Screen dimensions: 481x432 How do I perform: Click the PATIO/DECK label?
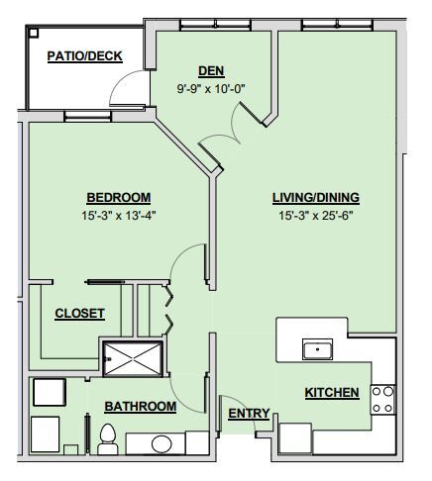[x=85, y=55]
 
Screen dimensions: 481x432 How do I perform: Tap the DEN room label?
[x=209, y=70]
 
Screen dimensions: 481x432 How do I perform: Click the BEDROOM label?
[x=118, y=196]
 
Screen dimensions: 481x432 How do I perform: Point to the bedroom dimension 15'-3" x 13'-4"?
[x=118, y=215]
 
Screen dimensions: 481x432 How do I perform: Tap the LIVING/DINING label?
[x=316, y=196]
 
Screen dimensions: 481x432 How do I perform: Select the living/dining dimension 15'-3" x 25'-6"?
[x=316, y=215]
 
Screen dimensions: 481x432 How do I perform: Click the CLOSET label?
[x=79, y=314]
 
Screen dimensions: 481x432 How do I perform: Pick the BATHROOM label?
[x=141, y=406]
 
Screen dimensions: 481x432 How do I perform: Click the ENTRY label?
[x=249, y=413]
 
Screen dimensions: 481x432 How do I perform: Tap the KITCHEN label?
[x=332, y=393]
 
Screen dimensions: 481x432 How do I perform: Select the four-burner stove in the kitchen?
[x=382, y=399]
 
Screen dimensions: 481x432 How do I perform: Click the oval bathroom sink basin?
[x=162, y=443]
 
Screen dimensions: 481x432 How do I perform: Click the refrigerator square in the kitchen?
[x=296, y=437]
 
